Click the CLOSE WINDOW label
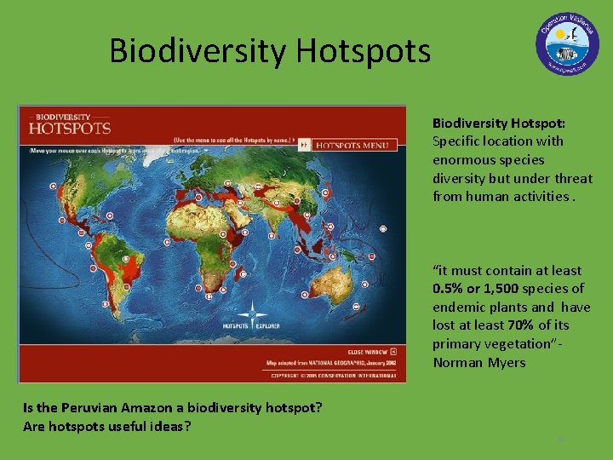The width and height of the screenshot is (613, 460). point(367,351)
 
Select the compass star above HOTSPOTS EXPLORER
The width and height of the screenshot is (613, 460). point(252,312)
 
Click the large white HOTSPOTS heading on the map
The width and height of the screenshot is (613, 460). point(70,129)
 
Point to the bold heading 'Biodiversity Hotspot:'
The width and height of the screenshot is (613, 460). point(499,123)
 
